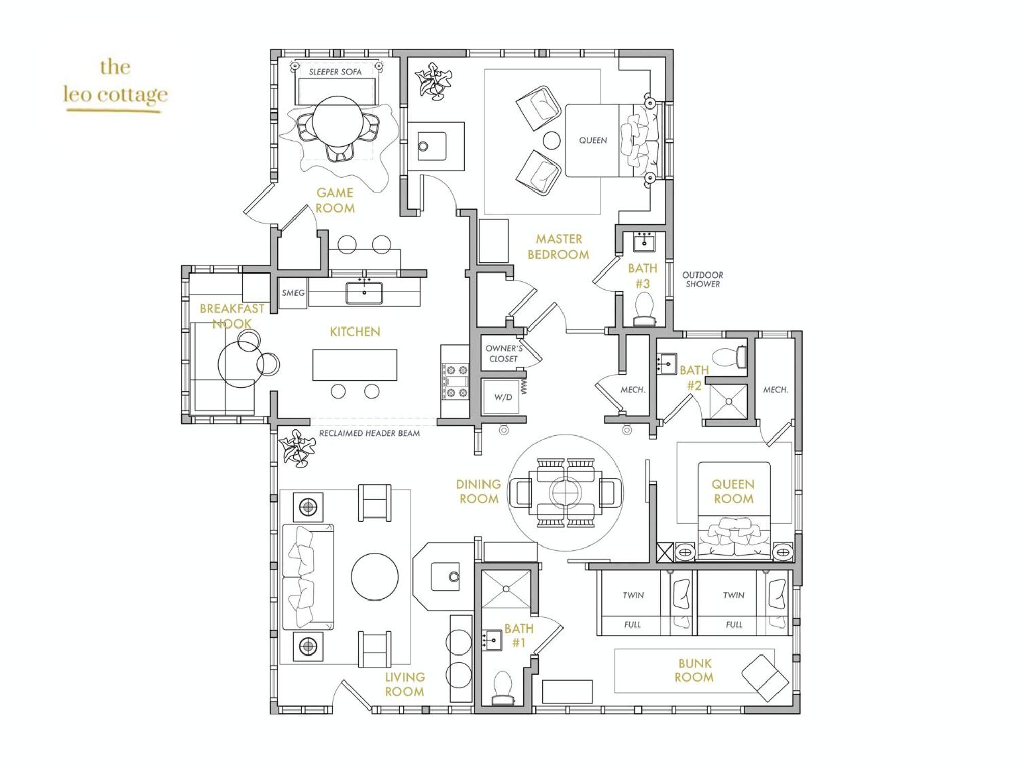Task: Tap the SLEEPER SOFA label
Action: tap(335, 72)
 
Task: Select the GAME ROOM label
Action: tap(335, 200)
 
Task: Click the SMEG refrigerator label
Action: tap(293, 293)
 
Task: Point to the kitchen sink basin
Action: tap(364, 293)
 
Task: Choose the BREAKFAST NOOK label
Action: tap(232, 316)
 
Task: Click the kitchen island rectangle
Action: tap(355, 365)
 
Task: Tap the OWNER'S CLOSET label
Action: tap(503, 353)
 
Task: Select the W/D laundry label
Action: tap(503, 397)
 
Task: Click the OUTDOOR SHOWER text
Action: tap(703, 279)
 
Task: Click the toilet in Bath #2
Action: tap(729, 357)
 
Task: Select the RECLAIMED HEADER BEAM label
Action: tap(369, 433)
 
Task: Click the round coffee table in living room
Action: tap(374, 577)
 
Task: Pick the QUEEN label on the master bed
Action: tap(593, 140)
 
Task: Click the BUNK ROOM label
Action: tap(694, 670)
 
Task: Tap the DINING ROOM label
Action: tap(478, 492)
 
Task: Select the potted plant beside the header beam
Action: tap(297, 448)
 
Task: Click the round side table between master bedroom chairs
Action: tap(551, 141)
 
